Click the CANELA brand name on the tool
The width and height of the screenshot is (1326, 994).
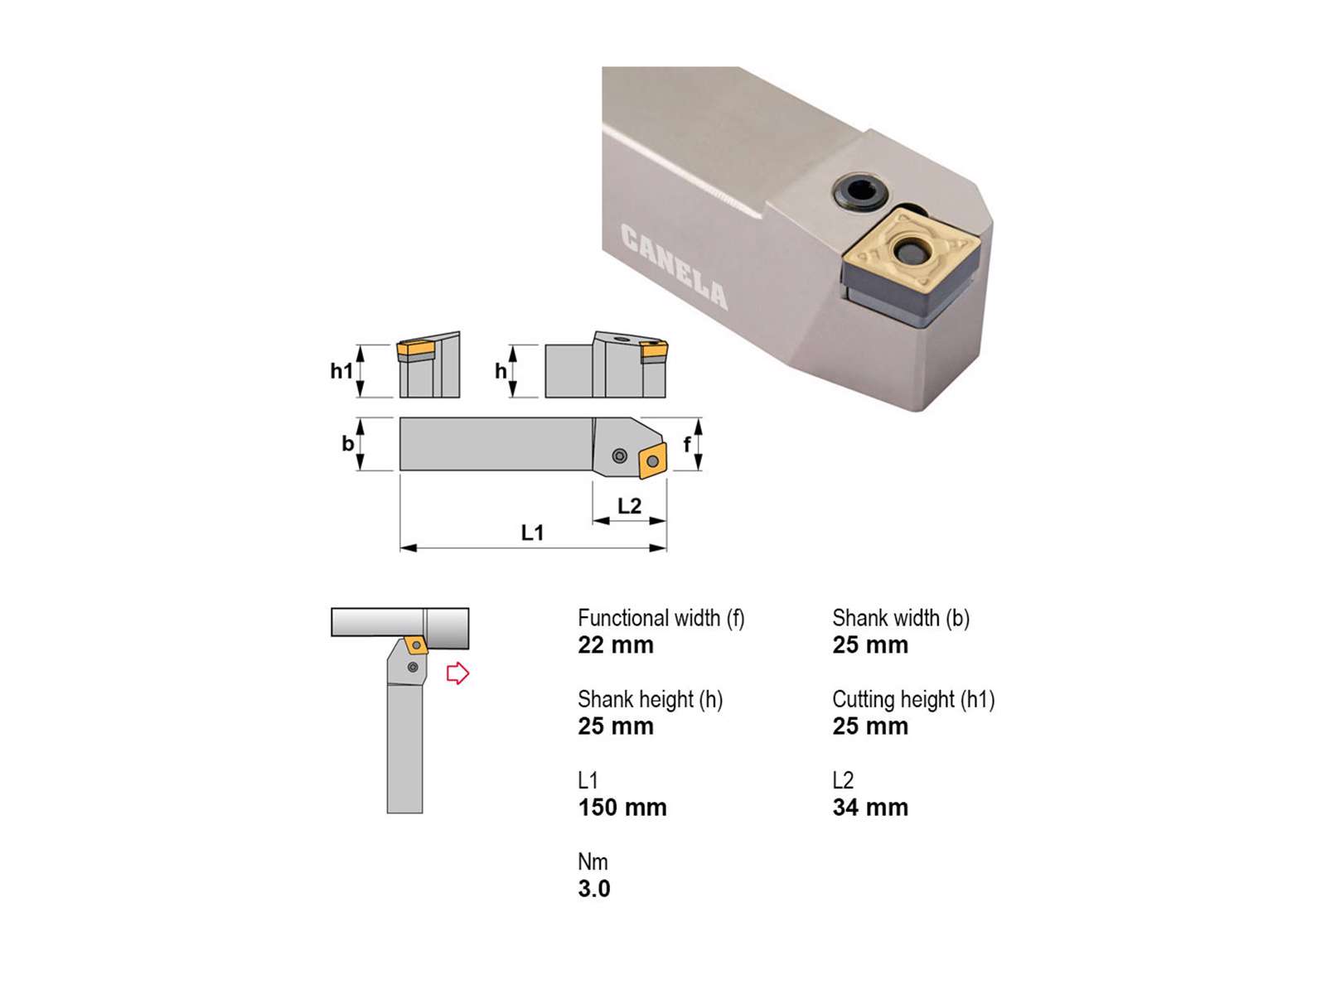coord(673,266)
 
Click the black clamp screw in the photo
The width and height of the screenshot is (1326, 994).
coord(859,193)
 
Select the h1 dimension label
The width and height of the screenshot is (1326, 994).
coord(341,370)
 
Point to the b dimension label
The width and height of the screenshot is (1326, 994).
coord(347,444)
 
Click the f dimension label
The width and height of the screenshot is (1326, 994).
coord(686,445)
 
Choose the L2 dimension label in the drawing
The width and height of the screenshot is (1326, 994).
coord(629,506)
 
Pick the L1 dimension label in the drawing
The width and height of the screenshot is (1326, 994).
coord(532,533)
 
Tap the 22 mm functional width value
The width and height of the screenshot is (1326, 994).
coord(616,645)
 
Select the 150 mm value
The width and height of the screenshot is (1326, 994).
coord(622,808)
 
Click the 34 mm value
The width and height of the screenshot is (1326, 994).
coord(870,808)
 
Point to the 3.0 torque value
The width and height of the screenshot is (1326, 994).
coord(594,889)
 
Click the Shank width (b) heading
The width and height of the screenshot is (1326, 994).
coord(901,619)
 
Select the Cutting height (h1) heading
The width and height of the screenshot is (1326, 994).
coord(913,700)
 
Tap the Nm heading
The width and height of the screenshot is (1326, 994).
coord(593,861)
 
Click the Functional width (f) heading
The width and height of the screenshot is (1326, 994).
coord(661,619)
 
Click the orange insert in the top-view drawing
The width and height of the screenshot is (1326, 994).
coord(652,461)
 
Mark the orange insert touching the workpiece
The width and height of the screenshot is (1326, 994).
coord(417,645)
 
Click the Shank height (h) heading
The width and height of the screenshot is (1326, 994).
coord(650,700)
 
